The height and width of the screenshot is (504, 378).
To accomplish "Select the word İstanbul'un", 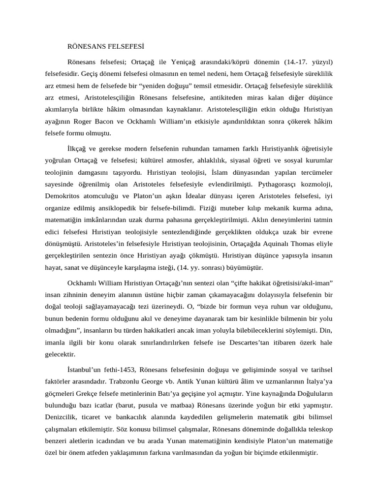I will [84, 369].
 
